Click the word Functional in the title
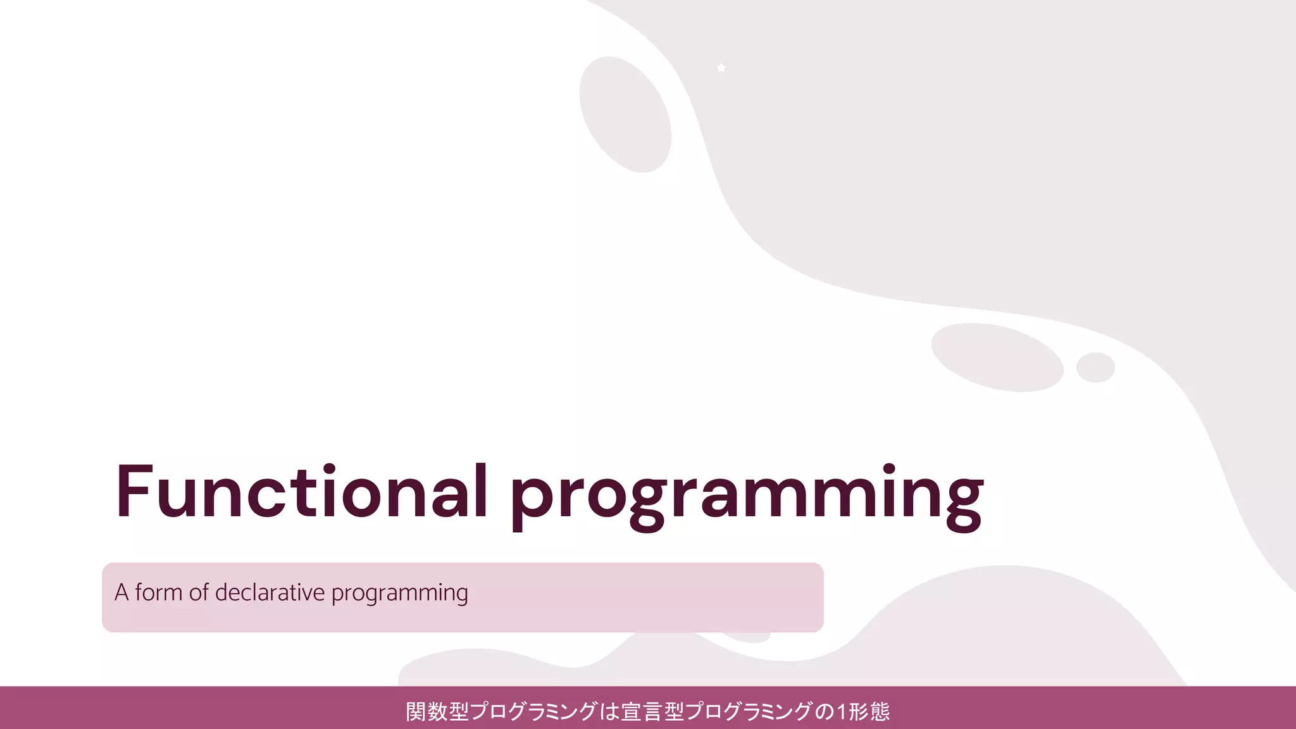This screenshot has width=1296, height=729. click(x=301, y=492)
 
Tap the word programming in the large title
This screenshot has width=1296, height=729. click(x=747, y=497)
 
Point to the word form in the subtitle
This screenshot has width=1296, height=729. click(x=159, y=592)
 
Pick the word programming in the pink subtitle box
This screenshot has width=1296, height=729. click(x=399, y=594)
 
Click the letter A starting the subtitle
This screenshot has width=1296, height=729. click(x=121, y=592)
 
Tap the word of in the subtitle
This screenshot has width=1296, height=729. click(x=199, y=592)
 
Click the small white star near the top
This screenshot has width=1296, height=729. click(x=721, y=68)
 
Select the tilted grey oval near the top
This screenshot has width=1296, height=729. click(x=625, y=115)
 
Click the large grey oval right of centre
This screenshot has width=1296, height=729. click(x=997, y=357)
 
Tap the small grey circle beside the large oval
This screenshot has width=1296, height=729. click(x=1095, y=367)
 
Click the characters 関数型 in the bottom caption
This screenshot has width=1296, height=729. click(x=437, y=712)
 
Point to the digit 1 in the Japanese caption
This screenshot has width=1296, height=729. click(x=842, y=712)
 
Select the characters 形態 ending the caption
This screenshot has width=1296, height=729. click(x=869, y=712)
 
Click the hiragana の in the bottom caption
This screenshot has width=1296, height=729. click(x=825, y=712)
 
